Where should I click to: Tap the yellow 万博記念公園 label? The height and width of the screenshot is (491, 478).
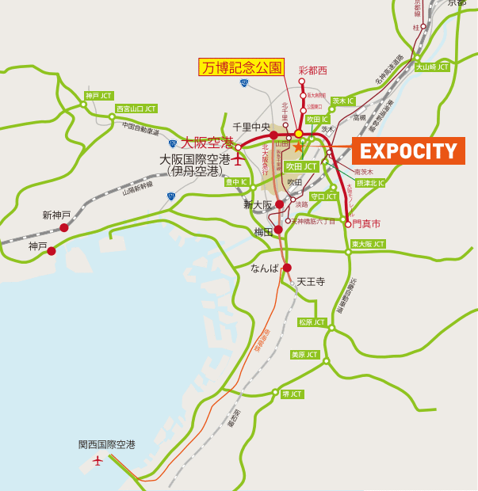[241, 67]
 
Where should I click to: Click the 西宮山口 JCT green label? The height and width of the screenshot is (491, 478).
[136, 108]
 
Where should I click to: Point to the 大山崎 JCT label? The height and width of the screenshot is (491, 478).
[432, 67]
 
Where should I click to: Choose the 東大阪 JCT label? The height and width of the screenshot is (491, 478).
[368, 244]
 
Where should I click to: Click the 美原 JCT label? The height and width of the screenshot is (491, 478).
[305, 354]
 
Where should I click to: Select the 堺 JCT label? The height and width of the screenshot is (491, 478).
[292, 394]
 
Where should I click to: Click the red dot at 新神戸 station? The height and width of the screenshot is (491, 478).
[64, 227]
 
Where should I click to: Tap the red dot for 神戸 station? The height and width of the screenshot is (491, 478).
[52, 251]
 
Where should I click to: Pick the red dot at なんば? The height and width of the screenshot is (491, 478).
[287, 268]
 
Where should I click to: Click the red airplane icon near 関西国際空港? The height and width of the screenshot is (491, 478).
[98, 460]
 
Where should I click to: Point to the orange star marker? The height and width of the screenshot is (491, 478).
[298, 147]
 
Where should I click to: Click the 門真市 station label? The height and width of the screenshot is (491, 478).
[367, 224]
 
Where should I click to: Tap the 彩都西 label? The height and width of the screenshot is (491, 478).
[312, 70]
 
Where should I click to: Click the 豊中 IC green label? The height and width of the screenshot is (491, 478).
[237, 181]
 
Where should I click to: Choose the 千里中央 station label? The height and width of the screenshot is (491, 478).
[252, 127]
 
